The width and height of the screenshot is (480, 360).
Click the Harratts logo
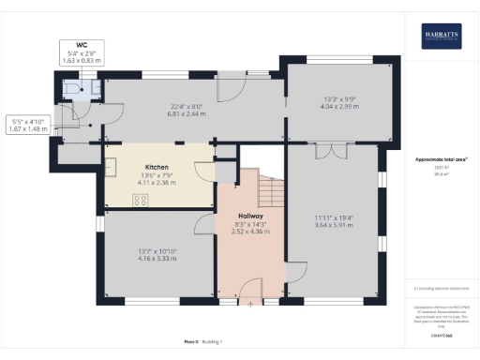click(x=441, y=37)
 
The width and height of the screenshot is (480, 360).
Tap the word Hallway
click(x=248, y=216)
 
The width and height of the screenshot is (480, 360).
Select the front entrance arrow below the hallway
click(x=250, y=304)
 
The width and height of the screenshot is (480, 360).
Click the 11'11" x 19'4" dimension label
click(x=333, y=220)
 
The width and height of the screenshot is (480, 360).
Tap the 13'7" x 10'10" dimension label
click(x=157, y=250)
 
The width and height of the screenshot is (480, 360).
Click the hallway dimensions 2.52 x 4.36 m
click(x=248, y=232)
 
